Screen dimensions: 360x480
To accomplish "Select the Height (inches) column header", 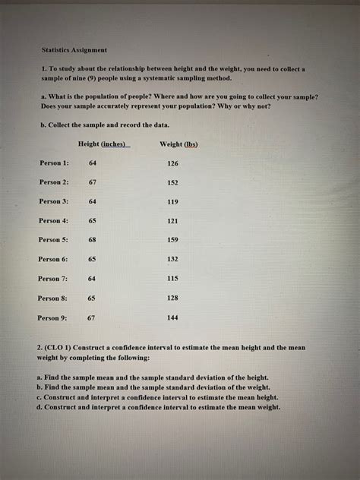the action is click(x=104, y=144).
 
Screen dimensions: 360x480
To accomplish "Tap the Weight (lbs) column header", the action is click(x=179, y=144).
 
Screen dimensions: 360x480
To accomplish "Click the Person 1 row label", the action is click(x=54, y=163).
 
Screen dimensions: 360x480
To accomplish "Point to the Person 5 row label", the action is click(x=54, y=240).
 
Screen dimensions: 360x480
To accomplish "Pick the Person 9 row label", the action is click(x=53, y=317).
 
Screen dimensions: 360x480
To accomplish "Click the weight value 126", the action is click(x=172, y=163).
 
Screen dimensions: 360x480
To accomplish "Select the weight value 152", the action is click(x=172, y=182).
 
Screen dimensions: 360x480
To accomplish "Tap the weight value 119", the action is click(x=172, y=201).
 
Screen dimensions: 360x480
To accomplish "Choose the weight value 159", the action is click(x=172, y=240).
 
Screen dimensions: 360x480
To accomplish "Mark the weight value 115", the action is click(x=172, y=279).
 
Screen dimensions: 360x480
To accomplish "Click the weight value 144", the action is click(x=172, y=317).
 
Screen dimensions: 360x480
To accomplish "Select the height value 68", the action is click(x=92, y=240).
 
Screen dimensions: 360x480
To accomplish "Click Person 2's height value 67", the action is click(x=92, y=182).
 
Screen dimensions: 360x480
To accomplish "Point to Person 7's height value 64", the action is click(x=92, y=279).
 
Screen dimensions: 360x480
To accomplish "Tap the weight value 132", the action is click(x=172, y=259).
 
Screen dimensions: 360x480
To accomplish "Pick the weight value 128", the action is click(x=172, y=298).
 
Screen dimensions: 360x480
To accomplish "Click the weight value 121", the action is click(x=172, y=220).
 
